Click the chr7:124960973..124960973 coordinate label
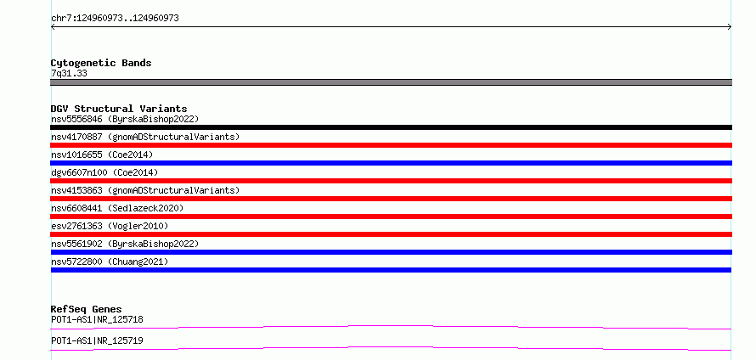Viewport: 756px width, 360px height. tap(115, 19)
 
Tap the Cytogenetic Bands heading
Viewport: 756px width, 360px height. tap(101, 63)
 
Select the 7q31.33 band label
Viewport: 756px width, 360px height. tap(69, 73)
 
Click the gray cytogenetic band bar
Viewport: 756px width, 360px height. tap(391, 82)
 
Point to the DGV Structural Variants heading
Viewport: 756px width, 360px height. tap(119, 109)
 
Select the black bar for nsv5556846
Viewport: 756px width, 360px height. tap(391, 127)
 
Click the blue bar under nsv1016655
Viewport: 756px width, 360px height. tap(391, 163)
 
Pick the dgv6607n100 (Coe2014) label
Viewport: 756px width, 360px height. tap(104, 172)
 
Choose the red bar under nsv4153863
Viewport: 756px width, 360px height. tap(391, 199)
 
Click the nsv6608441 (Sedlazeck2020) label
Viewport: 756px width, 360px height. tap(117, 208)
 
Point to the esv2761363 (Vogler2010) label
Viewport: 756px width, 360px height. tap(110, 226)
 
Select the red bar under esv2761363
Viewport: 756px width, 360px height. tap(391, 234)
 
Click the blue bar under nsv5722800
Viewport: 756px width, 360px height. tap(391, 270)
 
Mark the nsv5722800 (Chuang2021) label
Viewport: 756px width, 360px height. tap(110, 262)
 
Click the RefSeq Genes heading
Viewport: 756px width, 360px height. tap(87, 309)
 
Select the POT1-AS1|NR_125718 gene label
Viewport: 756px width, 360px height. tap(97, 319)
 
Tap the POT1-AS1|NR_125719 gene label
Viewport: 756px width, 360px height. tap(97, 340)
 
